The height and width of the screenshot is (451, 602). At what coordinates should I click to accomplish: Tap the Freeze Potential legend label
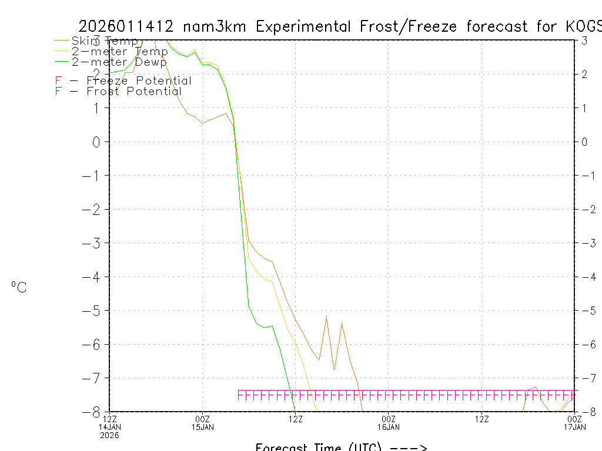139,80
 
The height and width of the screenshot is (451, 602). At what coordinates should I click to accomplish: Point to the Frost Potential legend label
134,91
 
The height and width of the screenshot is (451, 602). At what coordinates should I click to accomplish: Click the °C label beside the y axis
19,287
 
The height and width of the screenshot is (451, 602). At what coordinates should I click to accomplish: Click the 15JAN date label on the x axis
203,426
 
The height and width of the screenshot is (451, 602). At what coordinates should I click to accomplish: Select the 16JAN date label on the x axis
388,426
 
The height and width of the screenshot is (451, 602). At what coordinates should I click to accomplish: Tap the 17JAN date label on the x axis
574,426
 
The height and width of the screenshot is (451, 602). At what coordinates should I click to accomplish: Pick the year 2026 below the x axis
110,435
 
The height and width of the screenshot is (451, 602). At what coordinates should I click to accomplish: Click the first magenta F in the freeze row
240,395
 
